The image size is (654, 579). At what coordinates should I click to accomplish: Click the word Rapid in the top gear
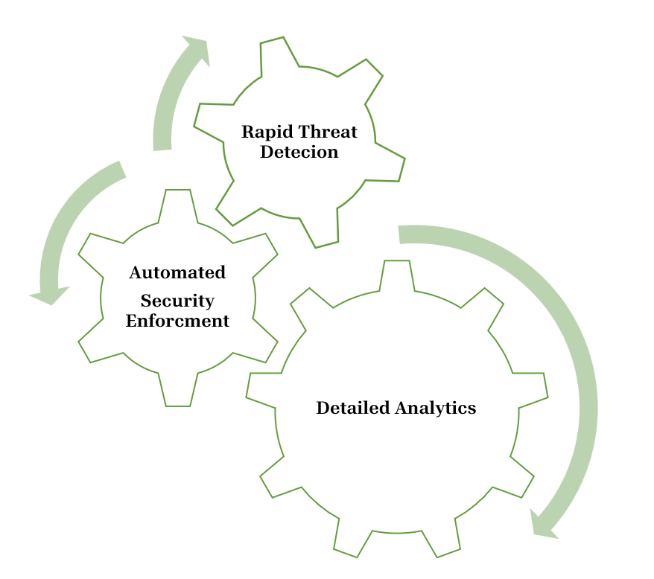tap(267, 132)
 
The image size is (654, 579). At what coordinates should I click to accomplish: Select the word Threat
tap(328, 132)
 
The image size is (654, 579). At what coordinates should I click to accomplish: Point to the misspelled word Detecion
tap(299, 153)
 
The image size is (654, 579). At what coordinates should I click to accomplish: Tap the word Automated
tap(177, 273)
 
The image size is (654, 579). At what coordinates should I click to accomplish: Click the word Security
tap(177, 301)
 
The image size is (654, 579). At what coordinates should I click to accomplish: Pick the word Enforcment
tap(177, 322)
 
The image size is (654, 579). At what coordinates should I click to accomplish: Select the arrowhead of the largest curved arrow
tap(544, 525)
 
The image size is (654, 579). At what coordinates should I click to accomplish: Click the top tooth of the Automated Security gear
tap(178, 202)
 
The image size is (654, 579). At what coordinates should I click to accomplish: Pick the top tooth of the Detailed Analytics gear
tap(397, 273)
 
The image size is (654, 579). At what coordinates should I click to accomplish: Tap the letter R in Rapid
tap(247, 132)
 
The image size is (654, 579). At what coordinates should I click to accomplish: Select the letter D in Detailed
tap(322, 408)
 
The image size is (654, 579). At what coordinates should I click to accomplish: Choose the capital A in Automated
tap(136, 273)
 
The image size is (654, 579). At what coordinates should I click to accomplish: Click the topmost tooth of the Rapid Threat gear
tap(273, 52)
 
